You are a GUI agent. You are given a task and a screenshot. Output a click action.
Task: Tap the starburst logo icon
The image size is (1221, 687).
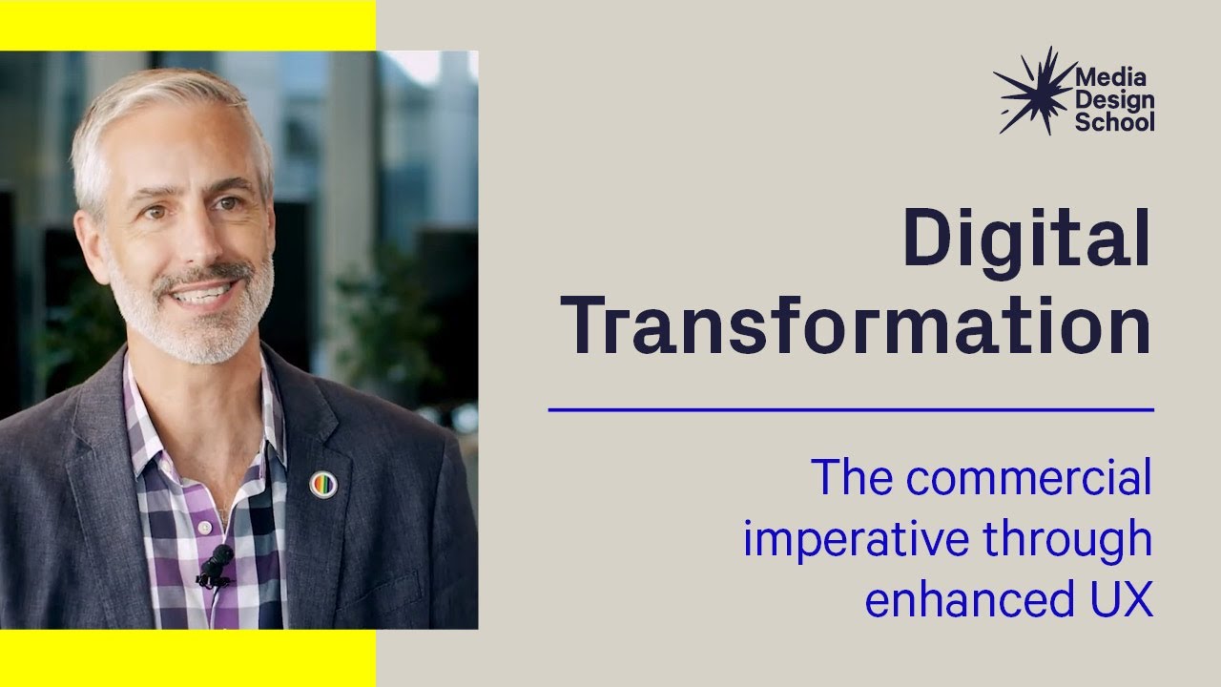(1032, 90)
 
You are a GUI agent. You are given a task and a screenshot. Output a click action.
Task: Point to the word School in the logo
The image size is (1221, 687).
(1114, 122)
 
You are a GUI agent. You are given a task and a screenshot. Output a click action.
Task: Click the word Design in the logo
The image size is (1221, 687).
(1114, 100)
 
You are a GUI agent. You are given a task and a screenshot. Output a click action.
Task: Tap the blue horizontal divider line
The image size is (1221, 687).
(851, 409)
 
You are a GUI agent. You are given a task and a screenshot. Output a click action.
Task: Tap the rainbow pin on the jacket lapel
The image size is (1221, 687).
(323, 485)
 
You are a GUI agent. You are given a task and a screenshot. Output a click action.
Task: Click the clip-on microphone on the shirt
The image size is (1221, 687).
(217, 563)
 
